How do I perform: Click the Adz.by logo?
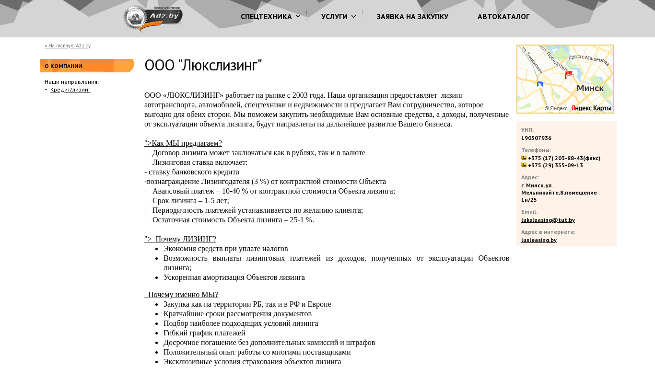point(153,18)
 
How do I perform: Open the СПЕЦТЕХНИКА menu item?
point(266,17)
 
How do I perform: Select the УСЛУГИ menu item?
point(334,17)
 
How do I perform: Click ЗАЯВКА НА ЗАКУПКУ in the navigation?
point(412,17)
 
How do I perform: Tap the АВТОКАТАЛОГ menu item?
point(503,17)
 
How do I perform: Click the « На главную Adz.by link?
point(68,46)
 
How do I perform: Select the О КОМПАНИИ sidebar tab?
point(64,66)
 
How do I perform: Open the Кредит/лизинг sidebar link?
point(70,90)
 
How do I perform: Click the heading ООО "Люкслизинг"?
point(203,66)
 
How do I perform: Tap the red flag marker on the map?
point(569,74)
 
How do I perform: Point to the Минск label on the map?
point(590,88)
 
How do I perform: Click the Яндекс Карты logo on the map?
point(591,108)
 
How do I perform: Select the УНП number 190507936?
point(536,138)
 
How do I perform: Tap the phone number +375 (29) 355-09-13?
point(555,165)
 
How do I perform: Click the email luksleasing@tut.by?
point(548,220)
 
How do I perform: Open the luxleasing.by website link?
point(539,240)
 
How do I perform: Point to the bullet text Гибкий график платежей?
point(204,333)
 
